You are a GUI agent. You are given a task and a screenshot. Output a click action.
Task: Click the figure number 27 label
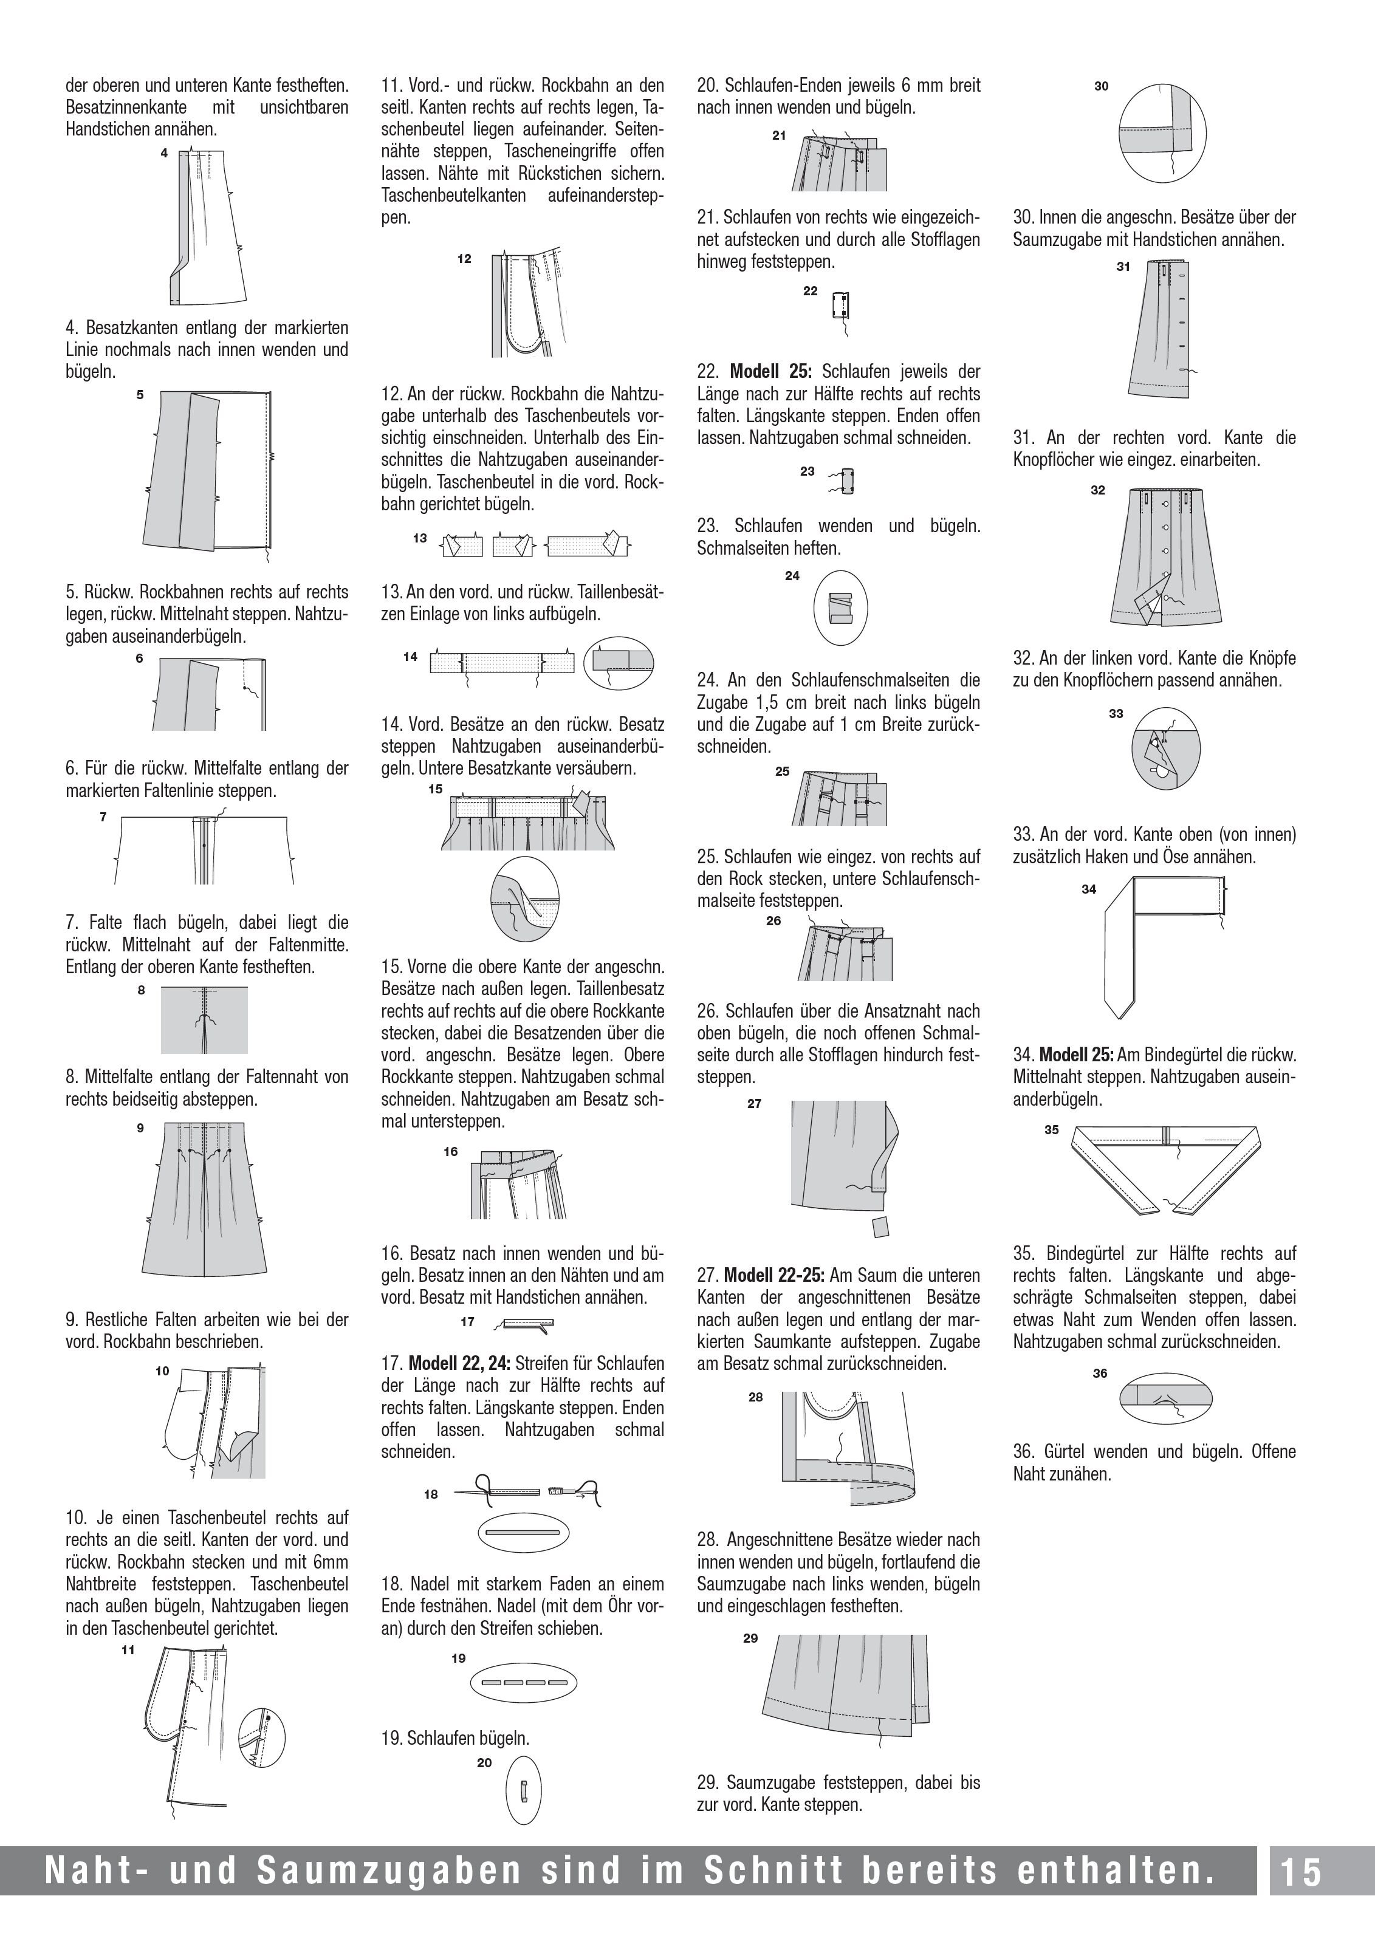pyautogui.click(x=755, y=1103)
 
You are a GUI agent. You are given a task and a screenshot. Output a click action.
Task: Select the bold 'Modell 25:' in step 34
pyautogui.click(x=1076, y=1055)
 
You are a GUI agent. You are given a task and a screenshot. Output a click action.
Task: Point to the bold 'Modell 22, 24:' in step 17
pyautogui.click(x=459, y=1363)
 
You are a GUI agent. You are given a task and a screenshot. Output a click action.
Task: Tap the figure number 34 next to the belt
pyautogui.click(x=1089, y=889)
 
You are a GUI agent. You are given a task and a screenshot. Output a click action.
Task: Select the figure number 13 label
pyautogui.click(x=420, y=538)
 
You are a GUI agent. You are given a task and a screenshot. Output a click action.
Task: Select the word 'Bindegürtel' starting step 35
pyautogui.click(x=1087, y=1253)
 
